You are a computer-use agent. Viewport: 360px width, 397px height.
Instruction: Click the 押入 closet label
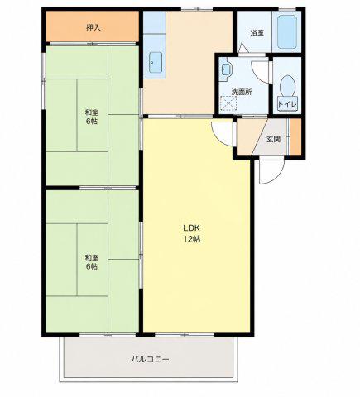(x=94, y=28)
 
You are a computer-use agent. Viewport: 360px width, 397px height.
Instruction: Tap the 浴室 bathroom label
(x=257, y=33)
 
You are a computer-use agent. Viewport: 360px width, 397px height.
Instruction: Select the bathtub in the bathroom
(x=287, y=31)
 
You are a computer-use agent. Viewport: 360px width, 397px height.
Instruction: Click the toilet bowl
(x=287, y=86)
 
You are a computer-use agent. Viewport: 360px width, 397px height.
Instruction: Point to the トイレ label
(x=287, y=104)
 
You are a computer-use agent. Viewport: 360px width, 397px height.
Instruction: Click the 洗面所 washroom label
(x=242, y=92)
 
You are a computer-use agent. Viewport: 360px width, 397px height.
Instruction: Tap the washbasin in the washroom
(x=226, y=69)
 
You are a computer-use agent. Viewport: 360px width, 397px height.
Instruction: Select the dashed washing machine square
(x=228, y=103)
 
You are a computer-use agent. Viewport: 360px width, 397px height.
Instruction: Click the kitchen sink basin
(x=156, y=63)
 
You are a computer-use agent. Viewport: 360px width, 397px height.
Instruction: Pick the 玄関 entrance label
(x=273, y=140)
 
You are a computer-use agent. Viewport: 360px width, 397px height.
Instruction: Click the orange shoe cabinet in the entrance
(x=295, y=136)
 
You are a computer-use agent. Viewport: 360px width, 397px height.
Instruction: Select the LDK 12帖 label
(x=192, y=233)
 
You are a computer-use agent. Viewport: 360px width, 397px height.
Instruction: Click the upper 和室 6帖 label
(x=91, y=117)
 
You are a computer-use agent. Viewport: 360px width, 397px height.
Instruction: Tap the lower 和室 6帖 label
(x=91, y=262)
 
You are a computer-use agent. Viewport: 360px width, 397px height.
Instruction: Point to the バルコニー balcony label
(x=150, y=360)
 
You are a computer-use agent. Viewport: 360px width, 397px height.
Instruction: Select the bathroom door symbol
(x=243, y=48)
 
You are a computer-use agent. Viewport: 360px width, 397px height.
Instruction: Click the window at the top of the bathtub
(x=287, y=9)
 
